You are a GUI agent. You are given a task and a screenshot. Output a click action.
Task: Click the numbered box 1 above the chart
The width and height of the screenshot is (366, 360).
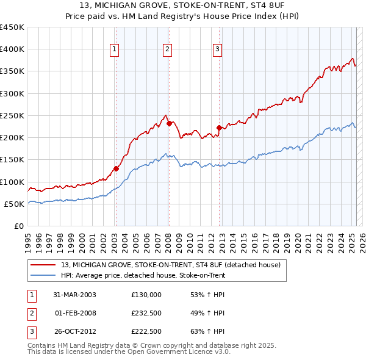coord(115,50)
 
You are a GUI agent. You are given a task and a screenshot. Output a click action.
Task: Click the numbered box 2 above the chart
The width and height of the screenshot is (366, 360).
coord(167,50)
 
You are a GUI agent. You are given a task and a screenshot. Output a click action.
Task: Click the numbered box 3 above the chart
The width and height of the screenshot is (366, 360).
coord(218,50)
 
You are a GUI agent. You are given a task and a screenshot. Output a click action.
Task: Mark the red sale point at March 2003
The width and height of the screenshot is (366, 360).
coord(116,168)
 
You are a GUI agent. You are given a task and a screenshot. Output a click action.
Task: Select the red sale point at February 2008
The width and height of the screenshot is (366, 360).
coord(168,123)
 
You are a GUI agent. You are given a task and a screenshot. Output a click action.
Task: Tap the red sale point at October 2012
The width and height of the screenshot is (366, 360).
coord(219,128)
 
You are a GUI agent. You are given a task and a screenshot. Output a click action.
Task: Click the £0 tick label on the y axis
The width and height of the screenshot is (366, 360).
coord(19,226)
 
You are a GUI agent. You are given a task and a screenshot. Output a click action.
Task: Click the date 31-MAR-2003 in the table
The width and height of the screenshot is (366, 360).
coord(74,295)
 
